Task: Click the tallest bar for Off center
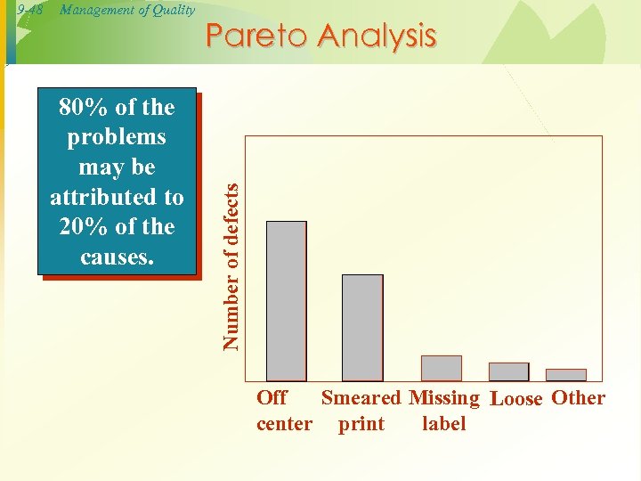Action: point(286,301)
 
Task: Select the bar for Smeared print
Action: point(362,328)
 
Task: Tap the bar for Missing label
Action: point(441,368)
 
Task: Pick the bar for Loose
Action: point(508,371)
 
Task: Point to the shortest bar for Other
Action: point(565,375)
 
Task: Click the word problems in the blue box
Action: point(116,137)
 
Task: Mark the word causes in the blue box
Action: point(116,257)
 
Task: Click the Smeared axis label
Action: point(361,398)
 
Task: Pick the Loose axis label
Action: point(516,399)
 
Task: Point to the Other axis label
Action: point(578,398)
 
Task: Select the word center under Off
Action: point(284,424)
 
